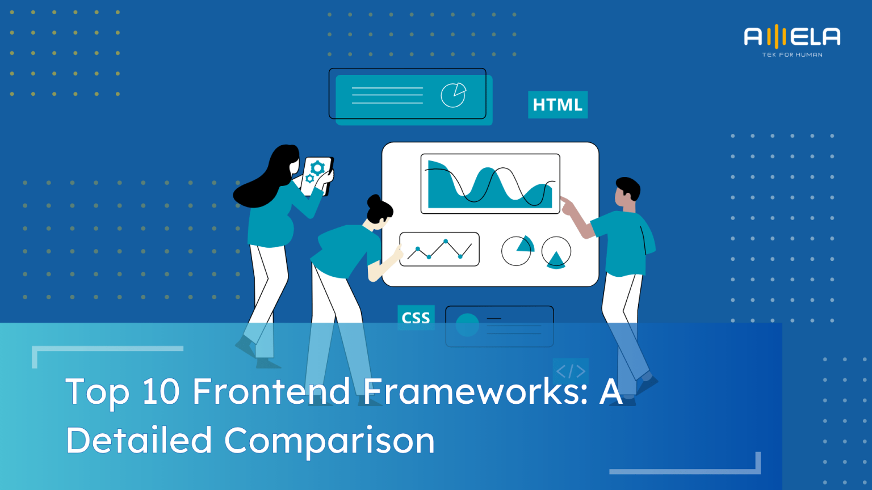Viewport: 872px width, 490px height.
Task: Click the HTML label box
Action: [557, 105]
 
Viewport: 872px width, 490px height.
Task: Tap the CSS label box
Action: [416, 318]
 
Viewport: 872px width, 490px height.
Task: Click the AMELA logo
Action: [792, 37]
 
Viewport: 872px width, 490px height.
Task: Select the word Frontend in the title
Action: [271, 391]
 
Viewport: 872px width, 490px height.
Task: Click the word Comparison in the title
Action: [329, 441]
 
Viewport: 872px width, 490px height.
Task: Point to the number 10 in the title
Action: [161, 391]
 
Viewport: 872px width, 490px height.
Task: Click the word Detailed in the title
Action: [139, 440]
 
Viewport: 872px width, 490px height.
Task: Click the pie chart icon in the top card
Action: [454, 95]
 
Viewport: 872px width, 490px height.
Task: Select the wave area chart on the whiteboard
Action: [490, 184]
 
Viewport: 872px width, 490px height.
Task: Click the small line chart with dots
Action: [439, 249]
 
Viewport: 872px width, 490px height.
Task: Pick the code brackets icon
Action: [571, 371]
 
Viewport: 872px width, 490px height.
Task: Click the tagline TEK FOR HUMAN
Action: [792, 55]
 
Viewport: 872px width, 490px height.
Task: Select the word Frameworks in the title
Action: [476, 391]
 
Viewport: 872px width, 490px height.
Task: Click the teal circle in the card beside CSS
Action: [468, 325]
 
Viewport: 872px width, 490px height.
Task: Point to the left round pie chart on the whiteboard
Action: [517, 251]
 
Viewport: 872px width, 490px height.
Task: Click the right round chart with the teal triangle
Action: [556, 252]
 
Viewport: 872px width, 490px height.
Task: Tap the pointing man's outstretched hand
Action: [567, 204]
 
